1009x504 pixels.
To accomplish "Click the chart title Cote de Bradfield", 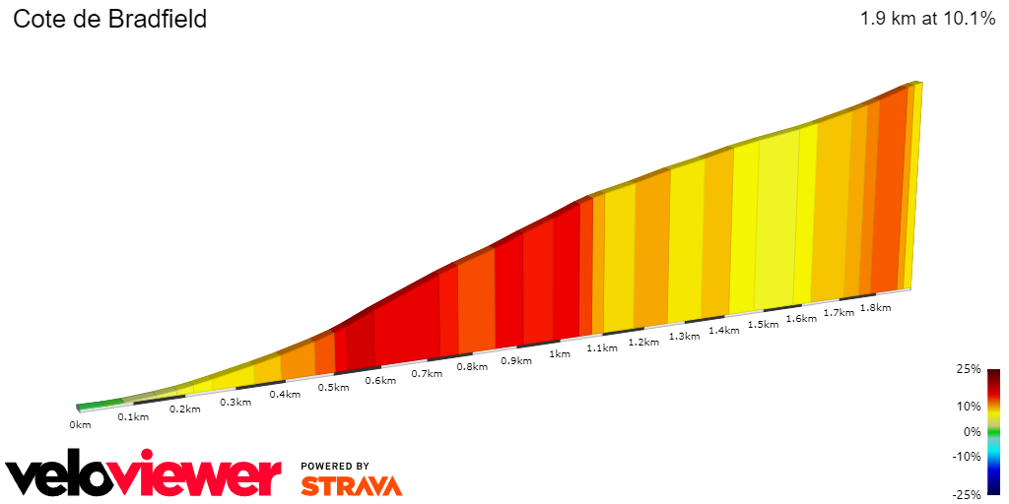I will pyautogui.click(x=109, y=19).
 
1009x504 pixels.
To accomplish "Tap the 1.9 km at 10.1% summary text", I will pyautogui.click(x=927, y=19).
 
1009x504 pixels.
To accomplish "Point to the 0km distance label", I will pyautogui.click(x=80, y=425).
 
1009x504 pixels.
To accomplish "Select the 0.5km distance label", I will pyautogui.click(x=333, y=387).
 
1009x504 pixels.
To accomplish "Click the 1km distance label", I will pyautogui.click(x=560, y=353).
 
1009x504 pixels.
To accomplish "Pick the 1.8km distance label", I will pyautogui.click(x=875, y=307).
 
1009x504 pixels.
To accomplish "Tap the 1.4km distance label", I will pyautogui.click(x=723, y=330).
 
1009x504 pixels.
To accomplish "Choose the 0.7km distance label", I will pyautogui.click(x=427, y=373).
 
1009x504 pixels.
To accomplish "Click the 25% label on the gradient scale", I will pyautogui.click(x=968, y=369).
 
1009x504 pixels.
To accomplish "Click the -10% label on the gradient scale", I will pyautogui.click(x=966, y=456).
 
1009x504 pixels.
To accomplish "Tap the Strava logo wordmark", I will pyautogui.click(x=351, y=485).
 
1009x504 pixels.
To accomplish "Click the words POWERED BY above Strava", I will pyautogui.click(x=335, y=466).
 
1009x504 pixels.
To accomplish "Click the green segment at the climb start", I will pyautogui.click(x=99, y=404).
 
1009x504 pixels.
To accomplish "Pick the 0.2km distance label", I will pyautogui.click(x=184, y=409).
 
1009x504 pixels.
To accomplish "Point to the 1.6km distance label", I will pyautogui.click(x=801, y=318).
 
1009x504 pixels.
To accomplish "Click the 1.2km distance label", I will pyautogui.click(x=642, y=342).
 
